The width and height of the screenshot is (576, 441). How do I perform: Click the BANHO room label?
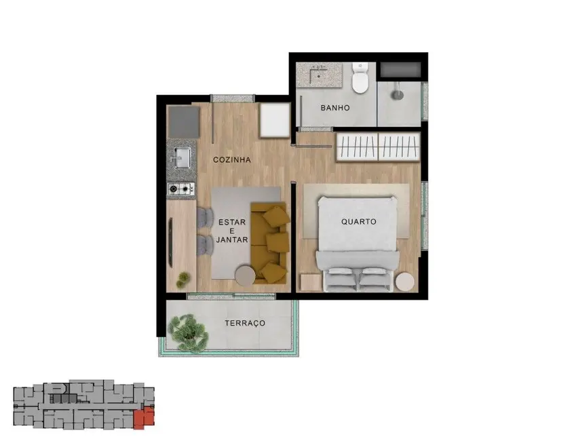pos(335,108)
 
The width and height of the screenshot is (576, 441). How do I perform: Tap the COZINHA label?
pos(232,160)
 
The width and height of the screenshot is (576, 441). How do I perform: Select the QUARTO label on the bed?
pos(358,222)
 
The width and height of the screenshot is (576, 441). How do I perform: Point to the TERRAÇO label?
pos(244,323)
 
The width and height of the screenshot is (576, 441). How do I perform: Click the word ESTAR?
pos(231,222)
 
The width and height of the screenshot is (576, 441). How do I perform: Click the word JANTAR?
pos(231,240)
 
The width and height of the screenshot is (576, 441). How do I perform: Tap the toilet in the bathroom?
pos(360,79)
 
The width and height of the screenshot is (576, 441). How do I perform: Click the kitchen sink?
pos(181,158)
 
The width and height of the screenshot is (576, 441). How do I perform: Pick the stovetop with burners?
pos(181,189)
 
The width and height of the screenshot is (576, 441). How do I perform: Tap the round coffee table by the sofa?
pos(244,274)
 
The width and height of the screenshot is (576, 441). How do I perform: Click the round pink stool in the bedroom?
pos(405,281)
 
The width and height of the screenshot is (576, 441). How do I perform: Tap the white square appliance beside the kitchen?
pos(275,120)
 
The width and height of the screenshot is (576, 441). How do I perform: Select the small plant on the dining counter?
pos(183,278)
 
